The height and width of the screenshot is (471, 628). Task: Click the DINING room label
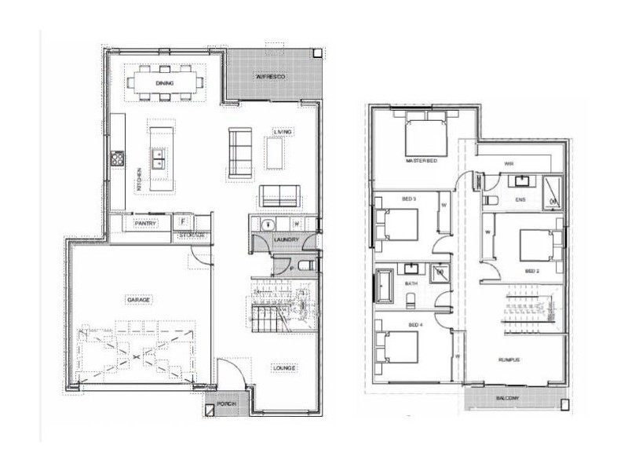click(x=165, y=82)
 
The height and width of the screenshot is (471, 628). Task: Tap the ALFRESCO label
click(x=270, y=77)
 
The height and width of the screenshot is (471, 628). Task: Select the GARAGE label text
click(x=138, y=300)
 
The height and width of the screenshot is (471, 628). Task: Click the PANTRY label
click(x=146, y=224)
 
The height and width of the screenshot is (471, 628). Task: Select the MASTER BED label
click(x=421, y=160)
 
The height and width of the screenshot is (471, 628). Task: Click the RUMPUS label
click(x=510, y=360)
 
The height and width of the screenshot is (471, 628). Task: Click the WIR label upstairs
click(x=508, y=165)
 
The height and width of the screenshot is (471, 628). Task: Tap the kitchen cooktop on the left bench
click(x=118, y=158)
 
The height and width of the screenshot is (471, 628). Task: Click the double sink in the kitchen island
click(x=159, y=159)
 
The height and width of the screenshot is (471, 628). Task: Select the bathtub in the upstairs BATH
click(x=385, y=285)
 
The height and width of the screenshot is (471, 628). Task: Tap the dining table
click(x=165, y=82)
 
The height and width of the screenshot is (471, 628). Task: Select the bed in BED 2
click(x=536, y=244)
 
